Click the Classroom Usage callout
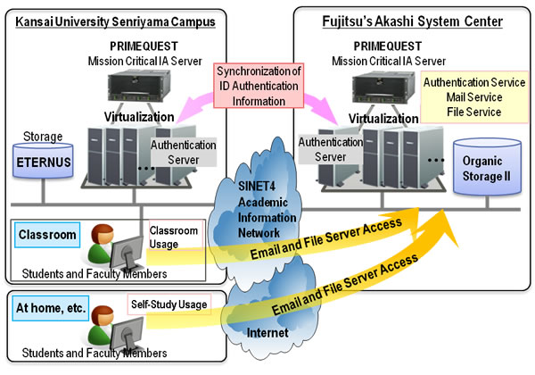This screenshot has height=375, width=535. [176, 237]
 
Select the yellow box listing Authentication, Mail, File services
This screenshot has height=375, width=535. [473, 97]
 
